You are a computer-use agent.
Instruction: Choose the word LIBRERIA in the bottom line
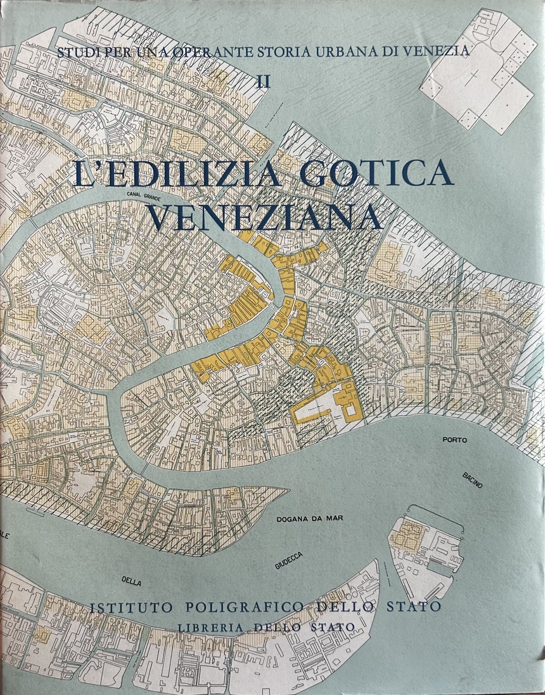tap(214, 627)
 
